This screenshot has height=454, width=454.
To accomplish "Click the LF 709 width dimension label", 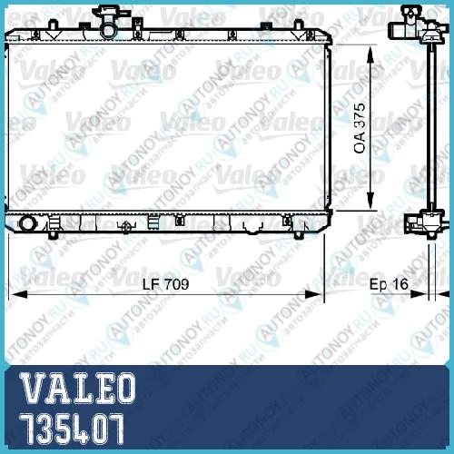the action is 165,284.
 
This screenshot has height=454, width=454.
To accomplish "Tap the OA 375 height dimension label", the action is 360,128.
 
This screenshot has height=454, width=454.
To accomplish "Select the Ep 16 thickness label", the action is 389,284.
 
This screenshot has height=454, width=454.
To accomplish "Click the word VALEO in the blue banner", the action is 77,389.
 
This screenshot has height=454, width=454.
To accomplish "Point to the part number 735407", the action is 72,429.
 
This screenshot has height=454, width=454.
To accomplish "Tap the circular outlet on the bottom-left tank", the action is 27,223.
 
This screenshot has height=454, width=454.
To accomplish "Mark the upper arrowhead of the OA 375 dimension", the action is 370,54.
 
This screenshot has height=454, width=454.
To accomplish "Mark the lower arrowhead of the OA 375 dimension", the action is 370,201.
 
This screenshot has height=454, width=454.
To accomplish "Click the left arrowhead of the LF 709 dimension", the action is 17,294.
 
